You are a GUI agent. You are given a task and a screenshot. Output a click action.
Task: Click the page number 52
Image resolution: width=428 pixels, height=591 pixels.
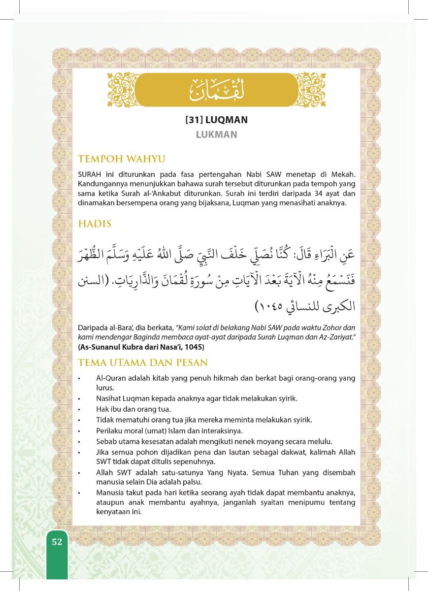pyautogui.click(x=57, y=542)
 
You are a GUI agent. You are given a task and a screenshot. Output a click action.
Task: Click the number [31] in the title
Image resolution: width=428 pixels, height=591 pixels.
pyautogui.click(x=195, y=119)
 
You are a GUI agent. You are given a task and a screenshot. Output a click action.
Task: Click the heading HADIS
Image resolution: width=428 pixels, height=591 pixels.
pyautogui.click(x=95, y=223)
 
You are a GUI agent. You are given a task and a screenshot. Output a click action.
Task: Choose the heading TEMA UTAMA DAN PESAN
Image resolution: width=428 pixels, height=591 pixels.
pyautogui.click(x=143, y=362)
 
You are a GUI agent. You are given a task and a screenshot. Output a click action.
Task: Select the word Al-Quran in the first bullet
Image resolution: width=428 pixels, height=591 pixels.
pyautogui.click(x=112, y=378)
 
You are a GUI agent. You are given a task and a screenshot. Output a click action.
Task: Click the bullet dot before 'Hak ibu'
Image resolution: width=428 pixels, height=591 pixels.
pyautogui.click(x=80, y=409)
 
